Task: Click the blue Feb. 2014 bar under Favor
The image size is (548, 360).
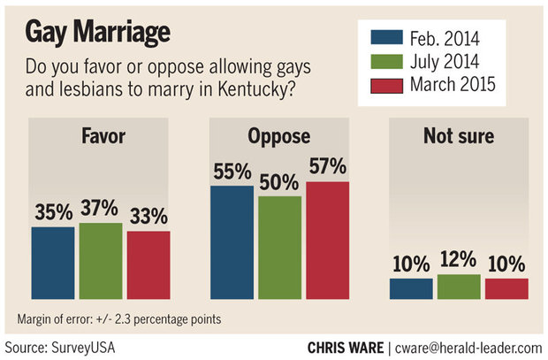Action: pos(53,264)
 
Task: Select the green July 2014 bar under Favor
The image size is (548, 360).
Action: pos(101,261)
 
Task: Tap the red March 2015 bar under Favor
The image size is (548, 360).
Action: pos(148,265)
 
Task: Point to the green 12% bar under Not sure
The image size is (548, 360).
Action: pos(458,287)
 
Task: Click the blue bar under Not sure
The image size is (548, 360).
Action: pos(411,289)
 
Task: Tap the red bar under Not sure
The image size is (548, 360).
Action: pos(506,289)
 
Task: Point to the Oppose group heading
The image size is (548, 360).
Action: pos(279,138)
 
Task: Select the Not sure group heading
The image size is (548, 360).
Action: pos(459,138)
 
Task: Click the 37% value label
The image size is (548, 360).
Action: pos(101,209)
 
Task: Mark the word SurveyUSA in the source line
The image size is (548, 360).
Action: pos(84,345)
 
